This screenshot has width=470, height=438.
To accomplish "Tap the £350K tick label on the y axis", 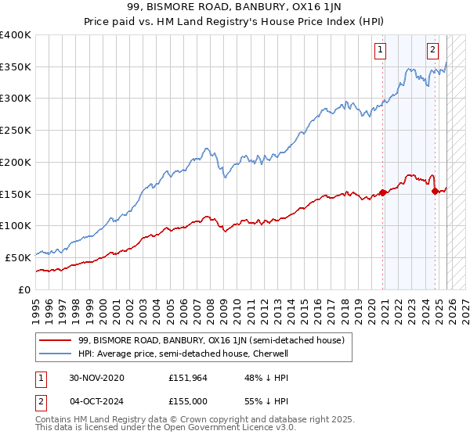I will pos(16,67).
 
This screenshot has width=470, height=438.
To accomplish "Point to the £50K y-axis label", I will pos(18,257).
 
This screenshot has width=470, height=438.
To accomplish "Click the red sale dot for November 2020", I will pos(383,192).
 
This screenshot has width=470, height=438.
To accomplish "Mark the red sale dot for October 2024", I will pos(435,190).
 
